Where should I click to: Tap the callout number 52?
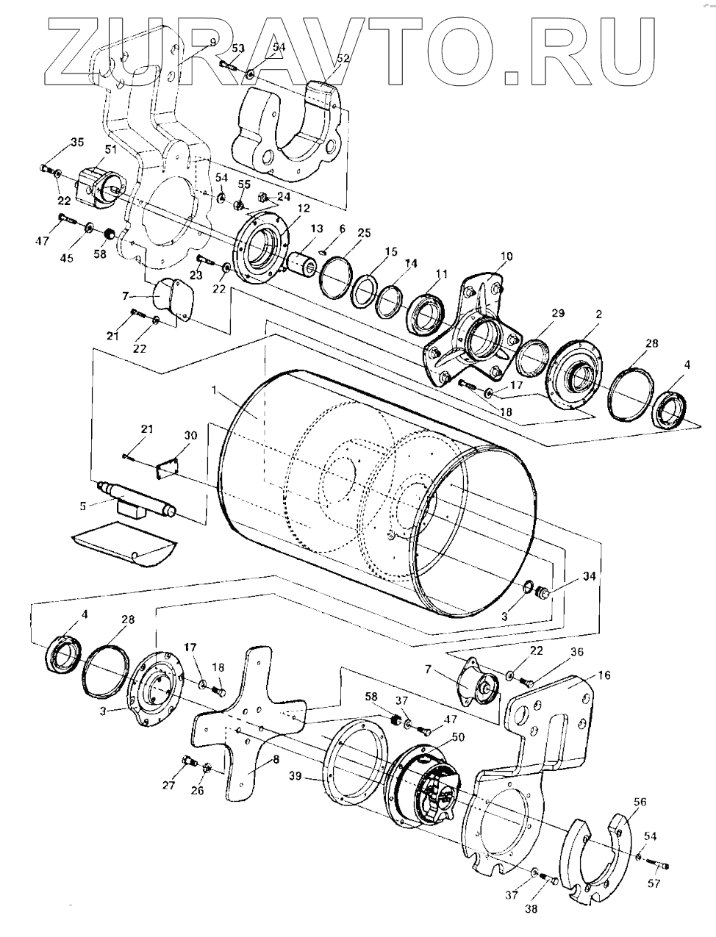(x=343, y=57)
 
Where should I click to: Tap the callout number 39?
(x=296, y=775)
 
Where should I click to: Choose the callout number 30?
(x=191, y=435)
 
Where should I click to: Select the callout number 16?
(x=604, y=673)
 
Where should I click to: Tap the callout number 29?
(x=558, y=313)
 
